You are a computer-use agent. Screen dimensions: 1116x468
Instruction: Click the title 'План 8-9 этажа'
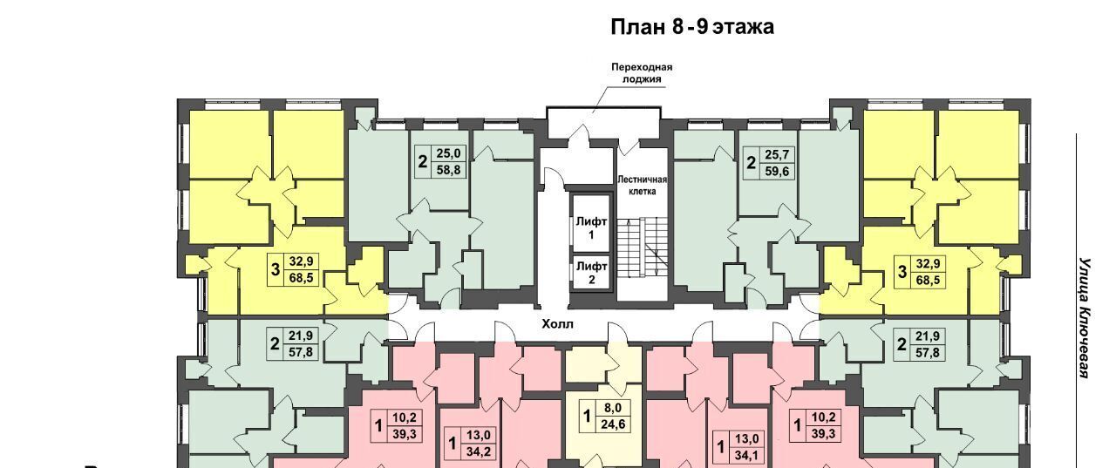coord(692,26)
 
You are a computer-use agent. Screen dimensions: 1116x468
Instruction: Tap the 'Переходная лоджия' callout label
coord(642,72)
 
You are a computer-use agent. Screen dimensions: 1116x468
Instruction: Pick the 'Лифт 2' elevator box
coord(591,273)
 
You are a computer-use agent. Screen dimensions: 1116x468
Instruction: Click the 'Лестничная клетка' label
coord(642,186)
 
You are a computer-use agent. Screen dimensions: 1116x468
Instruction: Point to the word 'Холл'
coord(557,324)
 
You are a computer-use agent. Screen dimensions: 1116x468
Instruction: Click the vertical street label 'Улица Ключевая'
coord(1085,317)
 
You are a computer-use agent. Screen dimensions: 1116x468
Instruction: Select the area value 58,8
coord(448,170)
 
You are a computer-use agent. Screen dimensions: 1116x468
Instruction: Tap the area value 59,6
coord(777,172)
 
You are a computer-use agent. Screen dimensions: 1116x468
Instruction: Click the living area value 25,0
coord(448,153)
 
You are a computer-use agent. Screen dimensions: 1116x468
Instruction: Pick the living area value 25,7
coord(777,154)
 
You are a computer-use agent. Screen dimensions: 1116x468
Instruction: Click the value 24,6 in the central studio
coord(613,424)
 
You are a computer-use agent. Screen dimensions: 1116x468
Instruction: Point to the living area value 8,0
coord(613,408)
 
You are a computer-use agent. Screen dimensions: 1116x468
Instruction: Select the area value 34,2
coord(479,452)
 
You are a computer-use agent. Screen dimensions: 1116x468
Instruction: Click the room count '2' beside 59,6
coord(752,163)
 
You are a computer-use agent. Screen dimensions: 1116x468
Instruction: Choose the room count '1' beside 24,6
coord(588,416)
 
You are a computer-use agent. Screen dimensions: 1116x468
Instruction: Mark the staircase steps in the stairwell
coord(643,248)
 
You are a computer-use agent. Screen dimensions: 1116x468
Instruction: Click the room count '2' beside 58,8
coord(423,162)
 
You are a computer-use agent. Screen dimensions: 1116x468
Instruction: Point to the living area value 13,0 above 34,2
coord(479,436)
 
